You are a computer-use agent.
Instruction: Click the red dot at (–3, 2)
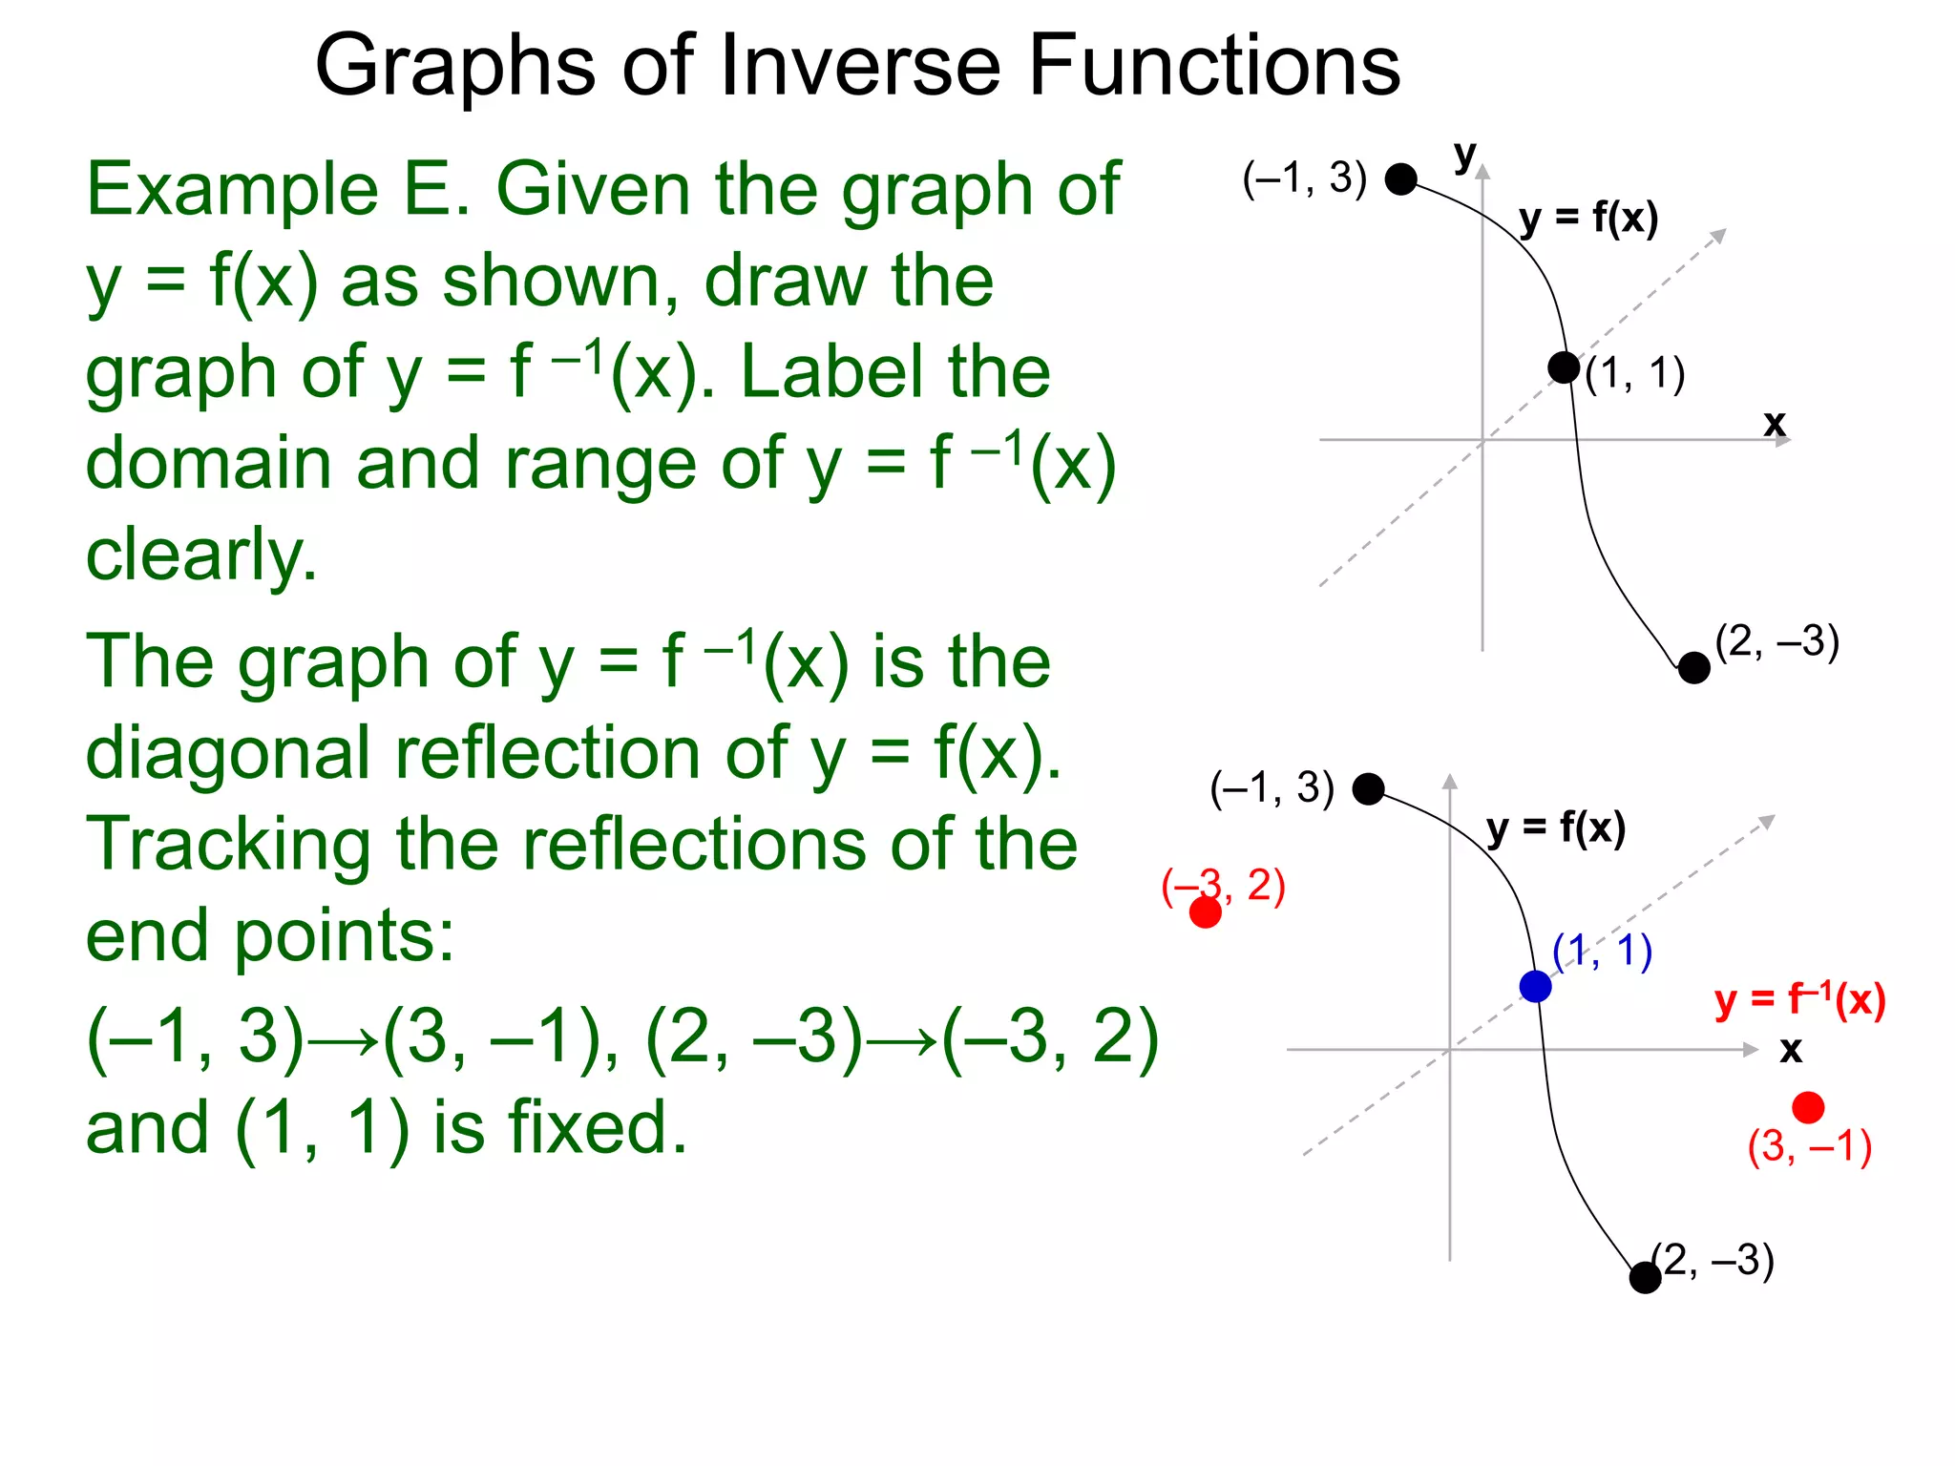coord(1205,912)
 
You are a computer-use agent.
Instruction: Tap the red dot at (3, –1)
coord(1808,1107)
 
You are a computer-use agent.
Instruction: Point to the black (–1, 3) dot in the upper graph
coord(1400,178)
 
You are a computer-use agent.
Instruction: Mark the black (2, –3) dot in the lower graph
coord(1645,1277)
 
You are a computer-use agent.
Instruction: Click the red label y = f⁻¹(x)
coord(1799,1000)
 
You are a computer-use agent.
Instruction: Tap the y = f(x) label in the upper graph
coord(1588,219)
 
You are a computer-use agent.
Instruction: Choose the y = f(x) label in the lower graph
coord(1556,827)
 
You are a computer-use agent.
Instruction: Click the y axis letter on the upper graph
coord(1464,155)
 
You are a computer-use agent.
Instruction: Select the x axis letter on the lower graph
coord(1790,1050)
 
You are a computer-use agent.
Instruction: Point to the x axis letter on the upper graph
coord(1774,423)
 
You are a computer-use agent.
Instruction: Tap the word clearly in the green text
coord(201,555)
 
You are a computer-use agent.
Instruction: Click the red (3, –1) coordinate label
coord(1809,1147)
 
